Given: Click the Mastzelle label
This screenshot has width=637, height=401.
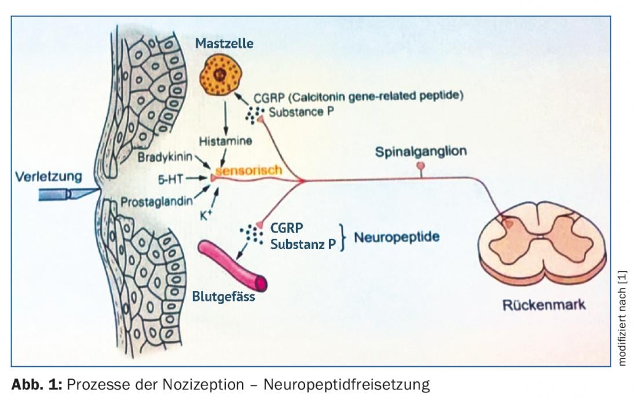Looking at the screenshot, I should [x=224, y=43].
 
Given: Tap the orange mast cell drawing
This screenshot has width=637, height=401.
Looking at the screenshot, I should [x=219, y=75].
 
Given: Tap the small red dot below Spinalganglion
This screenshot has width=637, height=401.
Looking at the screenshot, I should [x=421, y=166].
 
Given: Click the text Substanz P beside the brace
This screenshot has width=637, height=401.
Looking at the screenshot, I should [x=303, y=244].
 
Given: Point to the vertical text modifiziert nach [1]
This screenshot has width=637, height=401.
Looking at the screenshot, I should [x=623, y=318].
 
